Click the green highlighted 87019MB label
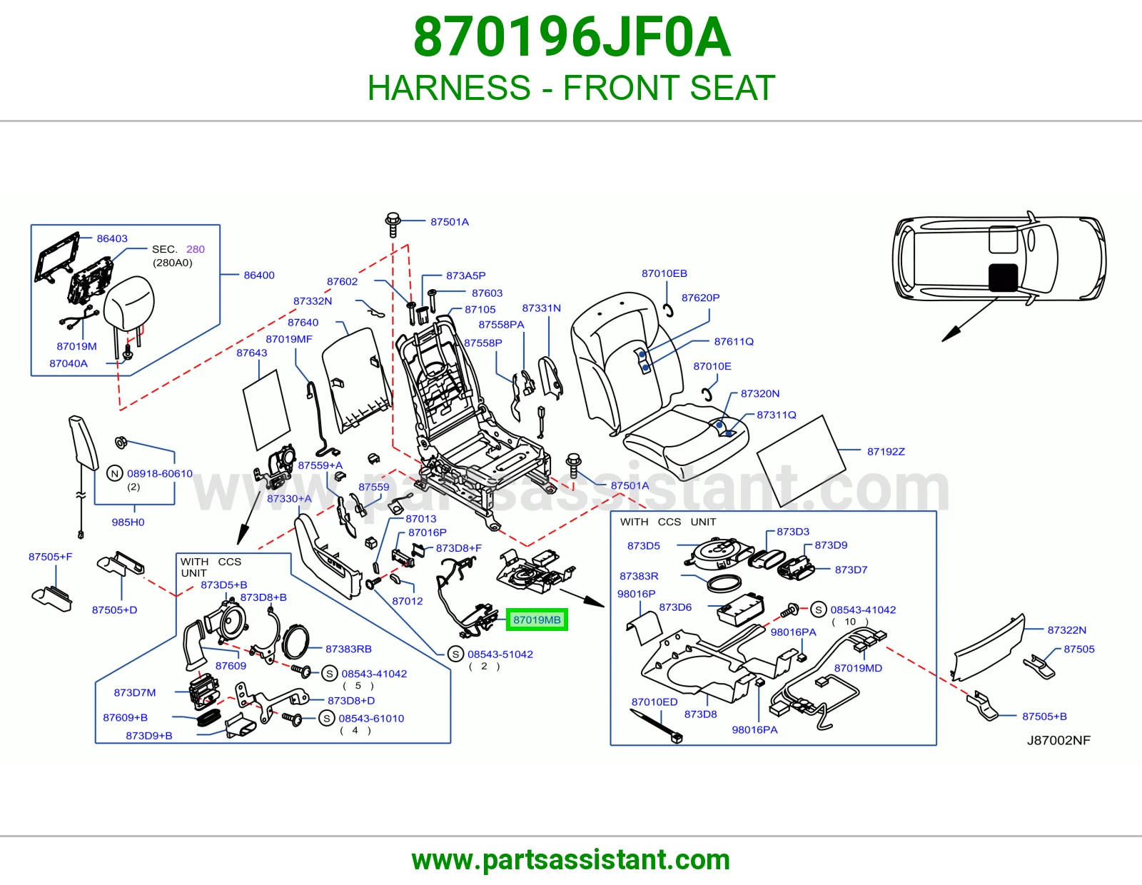[x=537, y=619]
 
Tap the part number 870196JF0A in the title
[x=572, y=37]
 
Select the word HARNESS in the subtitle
[x=450, y=87]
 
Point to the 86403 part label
[x=112, y=238]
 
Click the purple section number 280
[x=196, y=249]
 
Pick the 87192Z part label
[x=886, y=452]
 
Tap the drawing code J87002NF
[x=1059, y=740]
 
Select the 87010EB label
[x=665, y=273]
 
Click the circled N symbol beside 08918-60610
[x=115, y=473]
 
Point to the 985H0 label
[x=128, y=522]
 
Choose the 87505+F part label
[x=51, y=557]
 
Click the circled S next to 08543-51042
[x=455, y=654]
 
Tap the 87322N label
[x=1067, y=630]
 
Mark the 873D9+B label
[x=149, y=736]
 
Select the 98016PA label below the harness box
[x=754, y=729]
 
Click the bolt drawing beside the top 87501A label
[x=393, y=225]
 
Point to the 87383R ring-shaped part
[x=724, y=583]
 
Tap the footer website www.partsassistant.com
[x=571, y=860]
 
